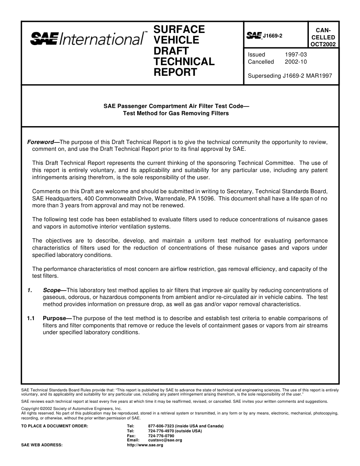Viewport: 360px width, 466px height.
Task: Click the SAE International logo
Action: point(87,39)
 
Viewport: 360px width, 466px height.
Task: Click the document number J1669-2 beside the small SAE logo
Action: point(272,36)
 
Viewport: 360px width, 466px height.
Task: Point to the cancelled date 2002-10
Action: point(296,62)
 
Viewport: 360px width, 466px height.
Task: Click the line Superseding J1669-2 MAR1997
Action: point(290,76)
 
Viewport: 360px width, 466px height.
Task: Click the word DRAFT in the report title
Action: point(171,51)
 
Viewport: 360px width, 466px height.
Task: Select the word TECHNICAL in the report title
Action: point(184,61)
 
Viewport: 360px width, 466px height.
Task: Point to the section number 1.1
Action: point(31,319)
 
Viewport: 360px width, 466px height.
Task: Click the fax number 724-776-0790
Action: point(161,436)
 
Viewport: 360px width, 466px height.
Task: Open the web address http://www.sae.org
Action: point(145,445)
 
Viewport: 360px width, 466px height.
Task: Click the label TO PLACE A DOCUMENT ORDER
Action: point(55,426)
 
